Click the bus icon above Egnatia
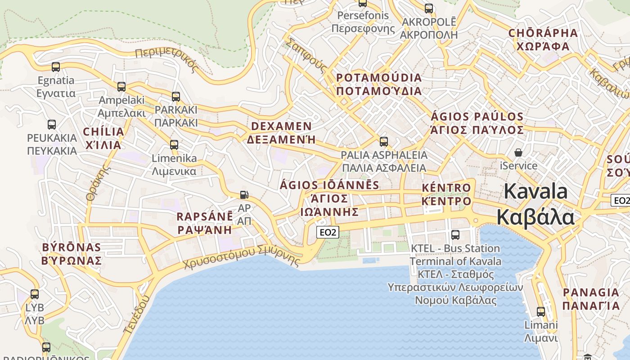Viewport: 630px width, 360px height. click(x=56, y=67)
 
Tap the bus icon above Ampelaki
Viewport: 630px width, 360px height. click(x=121, y=86)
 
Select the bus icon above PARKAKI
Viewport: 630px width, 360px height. click(x=176, y=96)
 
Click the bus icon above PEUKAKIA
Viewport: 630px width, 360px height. click(x=52, y=124)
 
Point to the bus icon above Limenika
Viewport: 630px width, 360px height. click(x=174, y=145)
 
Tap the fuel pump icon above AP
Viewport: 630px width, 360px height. click(x=244, y=195)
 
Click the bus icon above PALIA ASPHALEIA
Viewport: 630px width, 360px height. click(x=384, y=141)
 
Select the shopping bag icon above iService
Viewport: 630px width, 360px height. click(x=518, y=152)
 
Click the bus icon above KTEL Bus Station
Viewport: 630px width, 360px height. click(x=455, y=234)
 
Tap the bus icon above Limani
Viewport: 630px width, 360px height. click(x=541, y=311)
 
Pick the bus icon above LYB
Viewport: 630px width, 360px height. click(x=35, y=294)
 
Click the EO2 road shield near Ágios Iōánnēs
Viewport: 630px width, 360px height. click(x=328, y=232)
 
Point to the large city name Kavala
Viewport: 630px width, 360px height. click(x=535, y=204)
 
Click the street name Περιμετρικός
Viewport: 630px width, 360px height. click(x=166, y=59)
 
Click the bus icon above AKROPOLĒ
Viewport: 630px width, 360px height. click(x=429, y=8)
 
